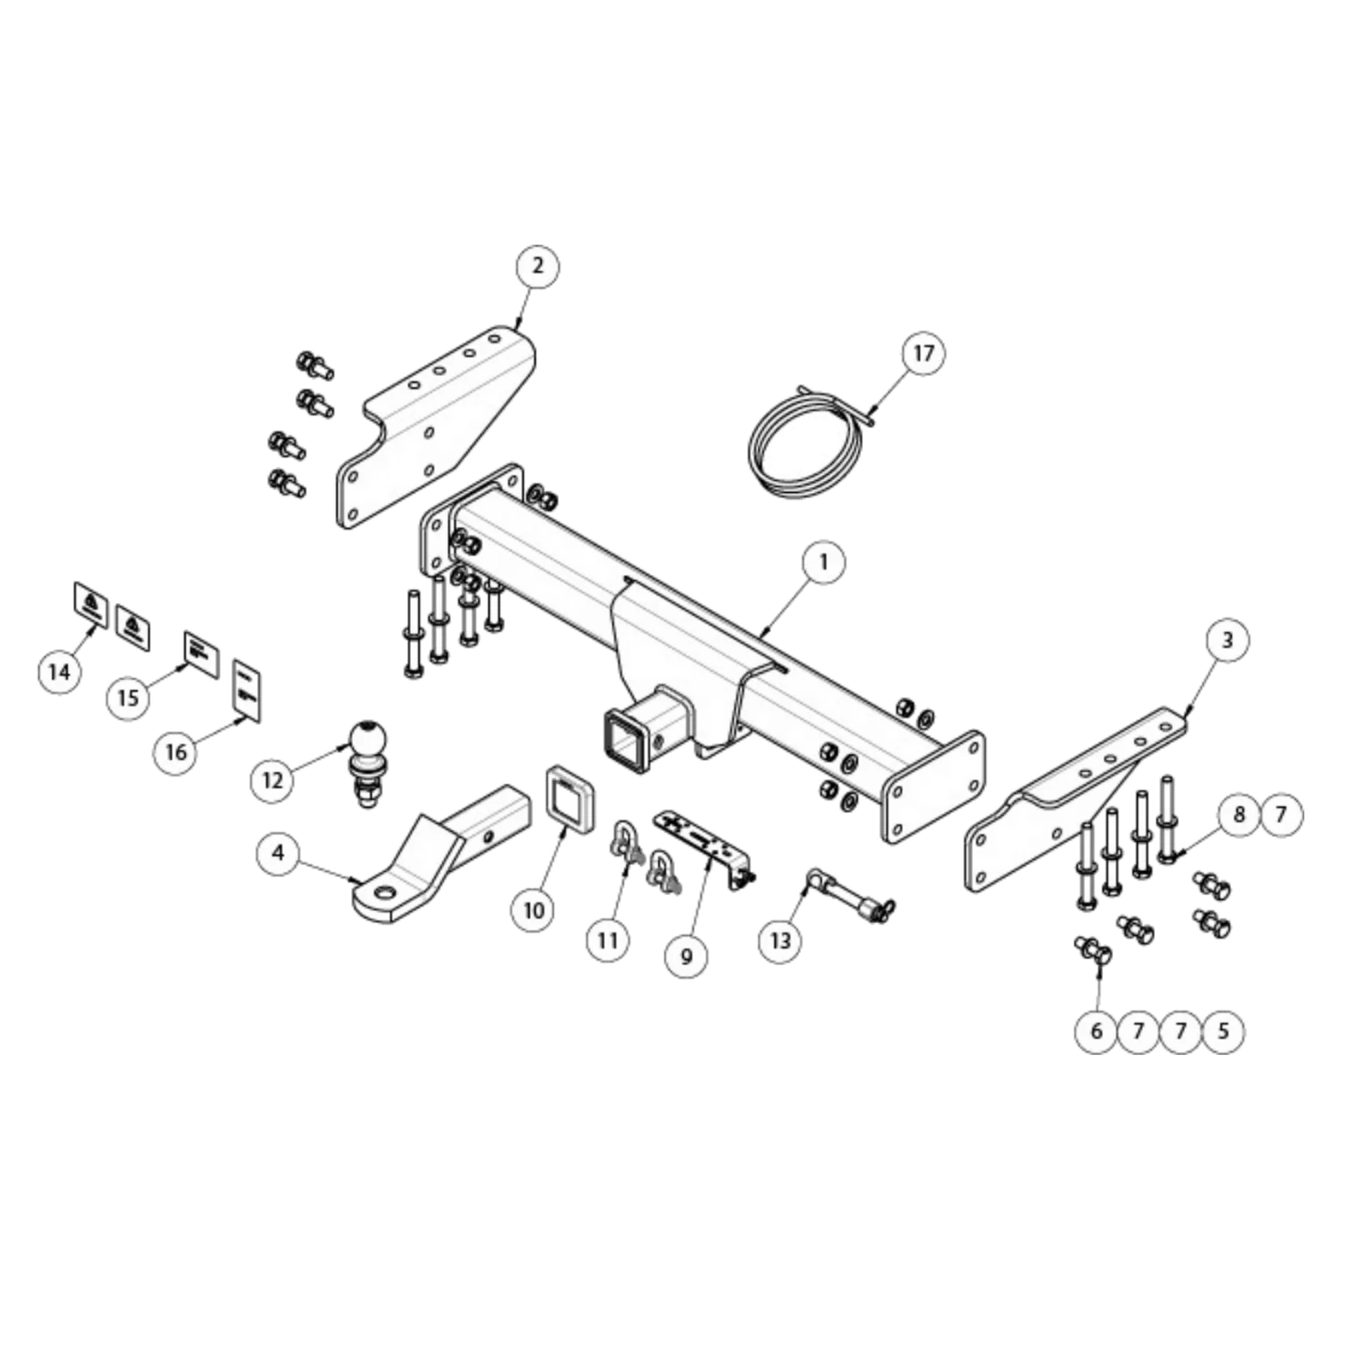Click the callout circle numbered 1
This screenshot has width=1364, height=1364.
point(824,562)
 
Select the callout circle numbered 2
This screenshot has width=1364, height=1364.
point(537,266)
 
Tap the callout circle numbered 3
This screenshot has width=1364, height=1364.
point(1227,640)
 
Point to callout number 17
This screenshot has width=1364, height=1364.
point(923,353)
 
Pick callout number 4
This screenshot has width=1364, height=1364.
point(278,853)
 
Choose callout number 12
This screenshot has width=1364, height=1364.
point(273,780)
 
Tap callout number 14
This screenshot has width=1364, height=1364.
point(59,672)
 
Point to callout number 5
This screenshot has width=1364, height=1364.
point(1223,1031)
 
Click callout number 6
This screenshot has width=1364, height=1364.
point(1096,1031)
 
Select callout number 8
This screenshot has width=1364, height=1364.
point(1239,814)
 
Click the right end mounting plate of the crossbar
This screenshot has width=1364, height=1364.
point(933,787)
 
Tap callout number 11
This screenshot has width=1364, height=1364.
point(607,939)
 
